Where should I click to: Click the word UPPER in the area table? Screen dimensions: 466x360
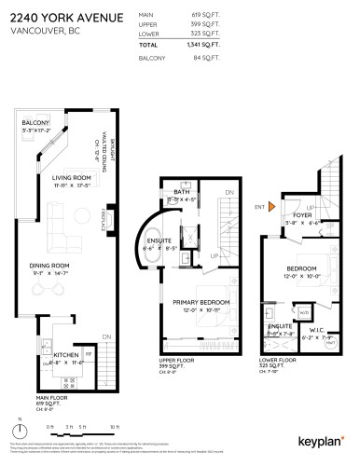[146, 23]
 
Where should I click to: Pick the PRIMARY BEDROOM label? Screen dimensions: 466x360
[201, 302]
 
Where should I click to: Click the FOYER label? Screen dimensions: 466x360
[301, 215]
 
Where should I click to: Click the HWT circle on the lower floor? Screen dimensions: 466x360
[332, 345]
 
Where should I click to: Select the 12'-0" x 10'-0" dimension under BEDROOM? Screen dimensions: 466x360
[301, 276]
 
